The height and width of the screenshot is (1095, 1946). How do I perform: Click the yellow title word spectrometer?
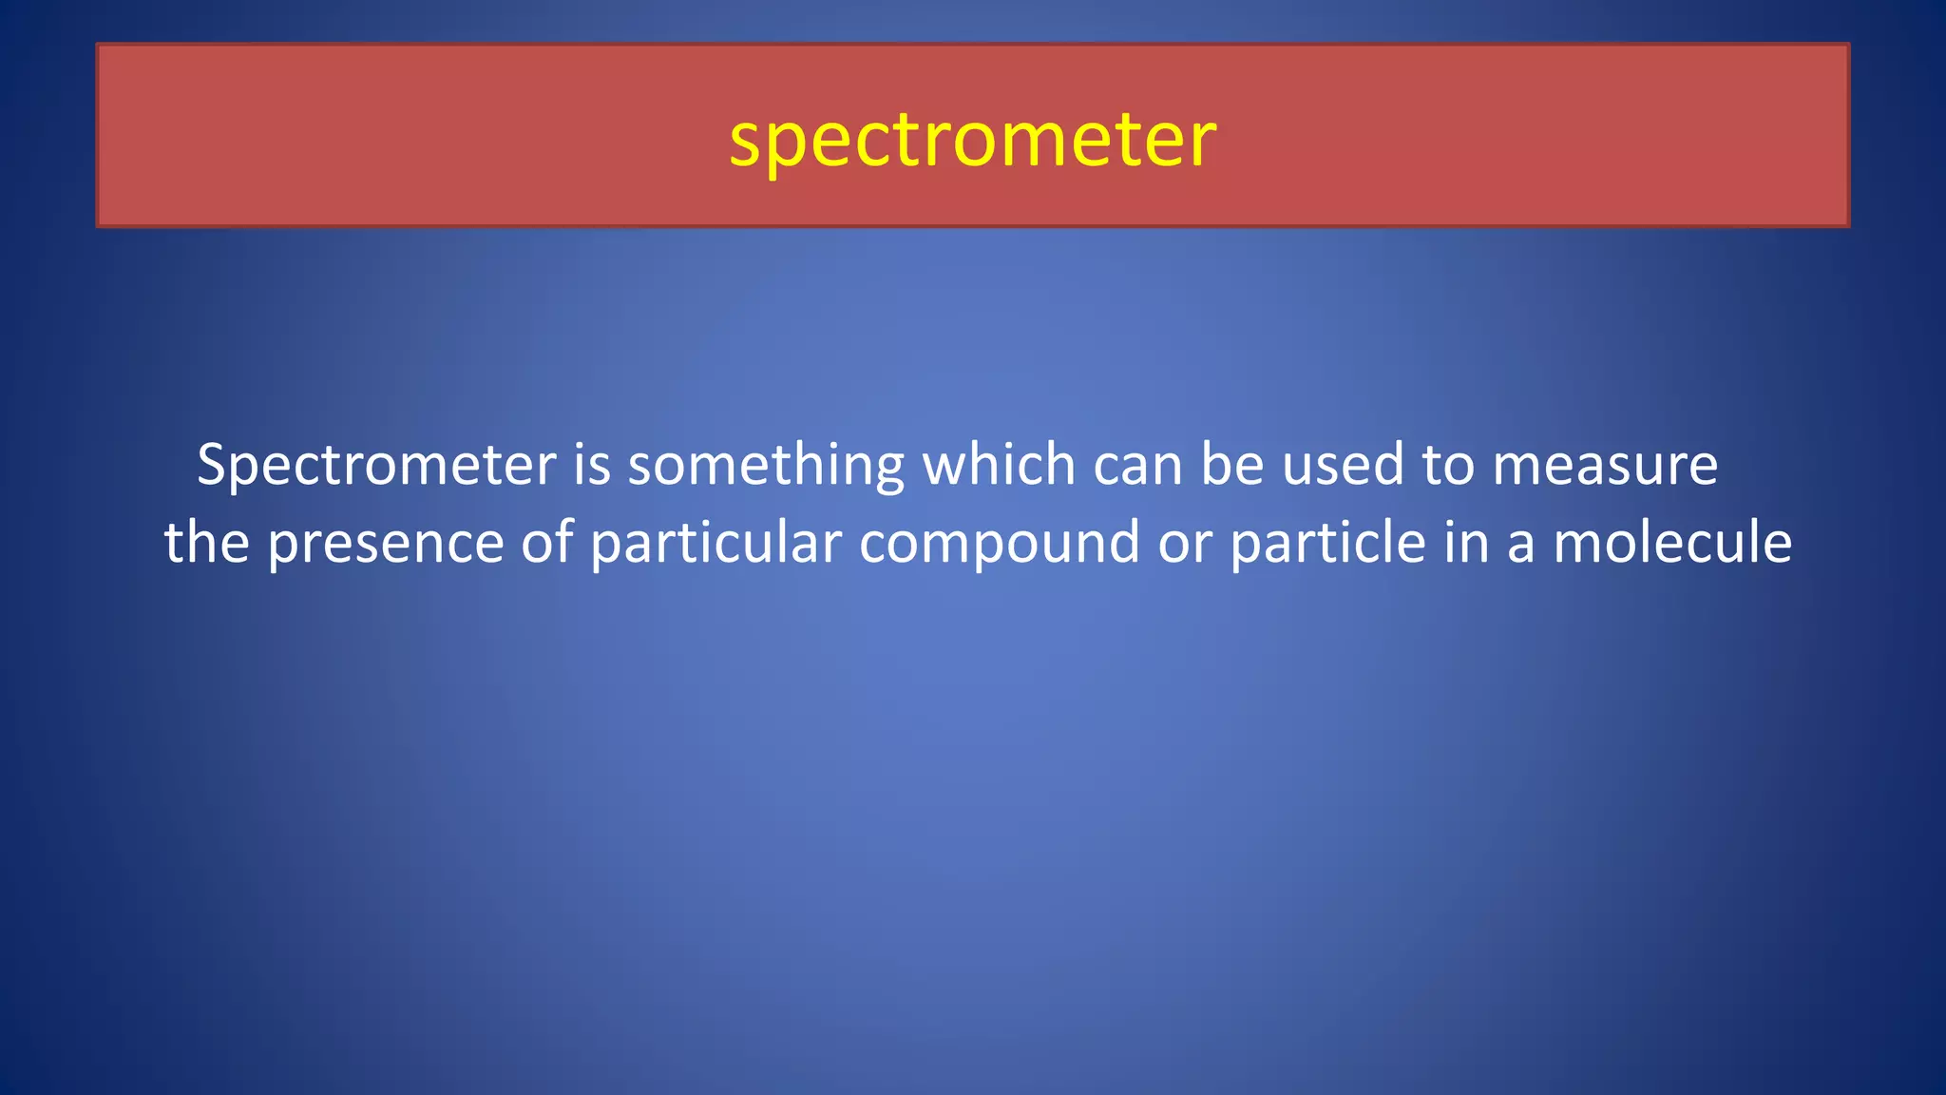972,140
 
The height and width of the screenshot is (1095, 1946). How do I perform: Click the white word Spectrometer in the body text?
376,465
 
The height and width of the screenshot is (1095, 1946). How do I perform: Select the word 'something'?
766,465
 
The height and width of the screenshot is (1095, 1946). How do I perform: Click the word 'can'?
1137,465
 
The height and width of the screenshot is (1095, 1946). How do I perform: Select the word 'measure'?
1605,465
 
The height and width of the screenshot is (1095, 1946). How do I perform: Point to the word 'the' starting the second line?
207,543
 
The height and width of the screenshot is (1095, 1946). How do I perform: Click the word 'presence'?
385,543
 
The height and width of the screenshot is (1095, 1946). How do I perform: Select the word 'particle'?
1328,543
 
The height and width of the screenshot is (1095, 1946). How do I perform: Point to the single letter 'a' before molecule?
1520,543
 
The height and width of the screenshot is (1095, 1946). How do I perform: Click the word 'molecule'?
1672,543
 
